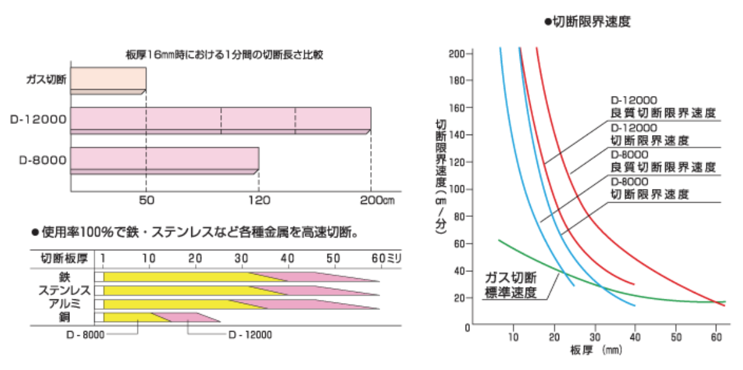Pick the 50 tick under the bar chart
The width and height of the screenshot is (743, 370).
click(146, 200)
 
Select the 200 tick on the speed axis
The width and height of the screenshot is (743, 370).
click(458, 53)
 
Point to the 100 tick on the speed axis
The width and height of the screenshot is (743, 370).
click(458, 189)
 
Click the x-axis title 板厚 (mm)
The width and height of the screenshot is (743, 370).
click(595, 350)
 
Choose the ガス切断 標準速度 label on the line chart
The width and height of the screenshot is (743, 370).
click(511, 284)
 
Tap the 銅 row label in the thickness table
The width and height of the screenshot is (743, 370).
click(64, 317)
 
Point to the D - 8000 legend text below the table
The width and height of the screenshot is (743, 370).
click(86, 335)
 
